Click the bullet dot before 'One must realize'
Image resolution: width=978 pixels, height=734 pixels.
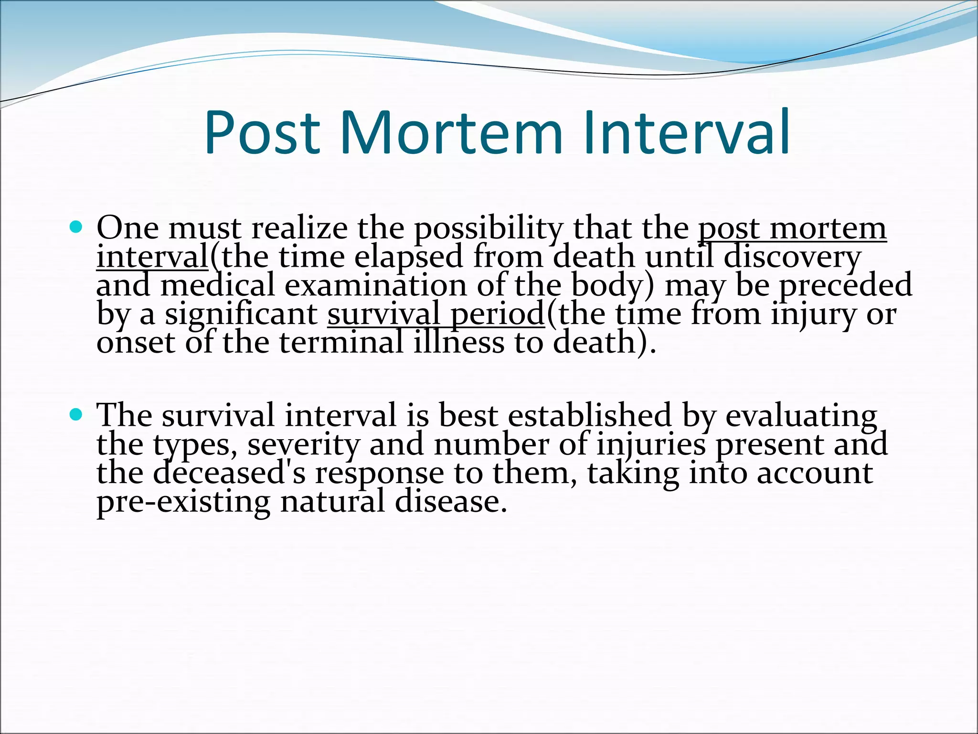[76, 226]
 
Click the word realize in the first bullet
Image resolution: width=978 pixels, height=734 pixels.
[299, 228]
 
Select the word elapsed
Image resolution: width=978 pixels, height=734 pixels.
[408, 258]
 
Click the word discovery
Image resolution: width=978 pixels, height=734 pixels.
[792, 258]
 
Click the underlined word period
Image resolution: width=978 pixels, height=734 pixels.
[497, 315]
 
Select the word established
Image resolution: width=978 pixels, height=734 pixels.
[589, 415]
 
